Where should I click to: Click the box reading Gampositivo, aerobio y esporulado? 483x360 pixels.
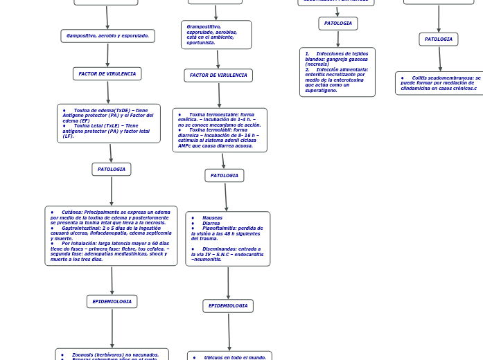pos(107,36)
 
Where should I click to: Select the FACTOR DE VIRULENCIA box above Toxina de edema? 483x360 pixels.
pos(107,73)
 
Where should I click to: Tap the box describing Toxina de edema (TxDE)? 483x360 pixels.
pos(108,123)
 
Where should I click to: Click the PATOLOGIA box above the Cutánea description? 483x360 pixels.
pos(111,169)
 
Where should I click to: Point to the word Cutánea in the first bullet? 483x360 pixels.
pos(71,212)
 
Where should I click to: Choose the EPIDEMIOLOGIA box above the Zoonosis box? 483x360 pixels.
pos(112,301)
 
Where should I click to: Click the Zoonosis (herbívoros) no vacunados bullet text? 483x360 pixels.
pos(115,354)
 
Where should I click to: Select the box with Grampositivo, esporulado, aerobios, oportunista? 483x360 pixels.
pos(216,35)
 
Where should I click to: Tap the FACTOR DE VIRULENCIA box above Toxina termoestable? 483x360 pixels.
pos(218,75)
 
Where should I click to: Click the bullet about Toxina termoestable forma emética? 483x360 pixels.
pos(220,119)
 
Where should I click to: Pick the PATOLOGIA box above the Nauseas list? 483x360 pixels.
pos(224,175)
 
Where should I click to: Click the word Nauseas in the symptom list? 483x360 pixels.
pos(212,217)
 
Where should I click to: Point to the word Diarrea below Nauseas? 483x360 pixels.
pos(211,223)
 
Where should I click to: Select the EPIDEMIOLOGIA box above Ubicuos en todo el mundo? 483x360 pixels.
pos(228,305)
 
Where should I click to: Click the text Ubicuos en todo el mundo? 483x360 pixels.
pos(235,357)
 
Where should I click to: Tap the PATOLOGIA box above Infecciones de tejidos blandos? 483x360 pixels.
pos(337,24)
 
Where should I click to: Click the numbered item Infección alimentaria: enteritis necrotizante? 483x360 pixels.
pos(337,80)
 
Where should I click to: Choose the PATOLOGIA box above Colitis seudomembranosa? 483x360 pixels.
pos(438,39)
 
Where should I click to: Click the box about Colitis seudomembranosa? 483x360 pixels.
pos(439,83)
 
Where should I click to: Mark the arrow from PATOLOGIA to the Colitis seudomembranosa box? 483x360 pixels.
pos(439,59)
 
